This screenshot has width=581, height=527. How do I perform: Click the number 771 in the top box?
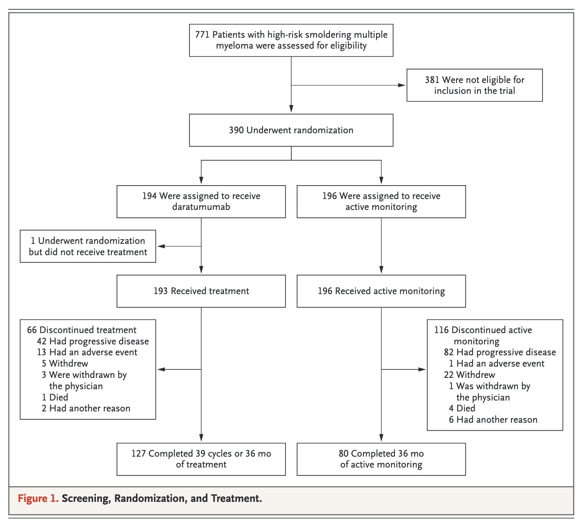[x=202, y=34]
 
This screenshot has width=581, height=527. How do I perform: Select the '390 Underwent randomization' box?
[x=291, y=130]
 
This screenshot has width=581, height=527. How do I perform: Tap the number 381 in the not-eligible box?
[x=432, y=80]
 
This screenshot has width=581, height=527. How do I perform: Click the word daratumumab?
[x=201, y=207]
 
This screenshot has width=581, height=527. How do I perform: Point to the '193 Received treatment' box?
[x=201, y=291]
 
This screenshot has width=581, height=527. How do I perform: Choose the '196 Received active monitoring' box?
[x=381, y=291]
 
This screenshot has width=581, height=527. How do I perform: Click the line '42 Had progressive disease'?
[x=93, y=341]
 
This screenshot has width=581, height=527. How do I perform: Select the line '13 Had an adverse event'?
[x=87, y=352]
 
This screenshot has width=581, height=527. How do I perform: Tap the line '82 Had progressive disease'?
[x=500, y=352]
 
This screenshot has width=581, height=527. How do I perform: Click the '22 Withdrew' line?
[x=469, y=375]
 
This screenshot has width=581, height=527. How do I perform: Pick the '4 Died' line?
[x=462, y=408]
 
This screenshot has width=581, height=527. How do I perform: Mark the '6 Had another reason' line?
[x=493, y=420]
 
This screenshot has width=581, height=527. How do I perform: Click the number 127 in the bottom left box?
[x=138, y=453]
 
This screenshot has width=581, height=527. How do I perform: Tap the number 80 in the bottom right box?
[x=343, y=453]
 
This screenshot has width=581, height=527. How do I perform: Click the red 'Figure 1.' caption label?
[x=38, y=499]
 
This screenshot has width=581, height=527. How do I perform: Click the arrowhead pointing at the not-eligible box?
[x=402, y=85]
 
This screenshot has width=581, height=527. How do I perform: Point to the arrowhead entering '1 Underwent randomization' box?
[x=161, y=246]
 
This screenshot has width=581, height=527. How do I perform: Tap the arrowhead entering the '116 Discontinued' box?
[x=422, y=369]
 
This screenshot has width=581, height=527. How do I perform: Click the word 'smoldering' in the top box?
[x=324, y=34]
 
